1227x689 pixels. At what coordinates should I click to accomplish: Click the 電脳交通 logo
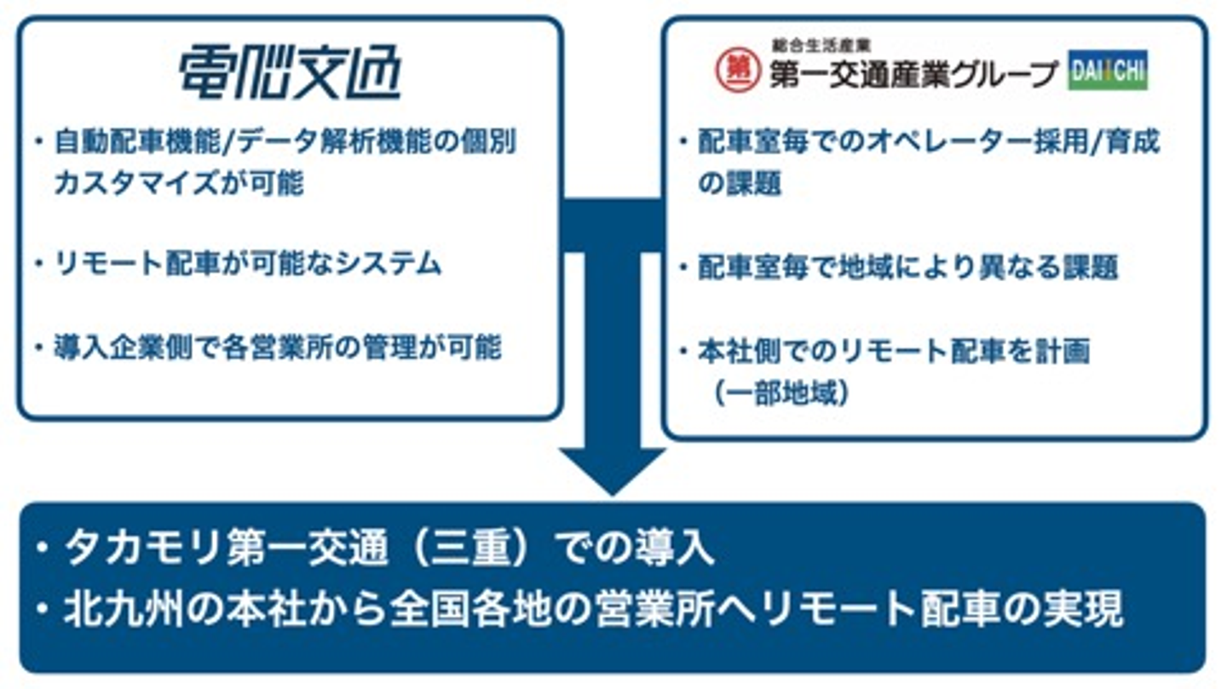(x=290, y=75)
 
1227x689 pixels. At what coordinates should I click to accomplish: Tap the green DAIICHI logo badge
(x=1107, y=73)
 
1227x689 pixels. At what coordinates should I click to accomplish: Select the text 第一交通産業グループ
(x=913, y=77)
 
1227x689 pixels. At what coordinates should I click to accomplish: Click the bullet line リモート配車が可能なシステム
(x=248, y=263)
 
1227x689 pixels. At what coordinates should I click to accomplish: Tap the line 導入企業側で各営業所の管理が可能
(x=278, y=347)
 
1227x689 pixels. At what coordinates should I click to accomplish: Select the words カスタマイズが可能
(x=178, y=183)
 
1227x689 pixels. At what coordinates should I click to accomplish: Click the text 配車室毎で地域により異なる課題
(x=907, y=267)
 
